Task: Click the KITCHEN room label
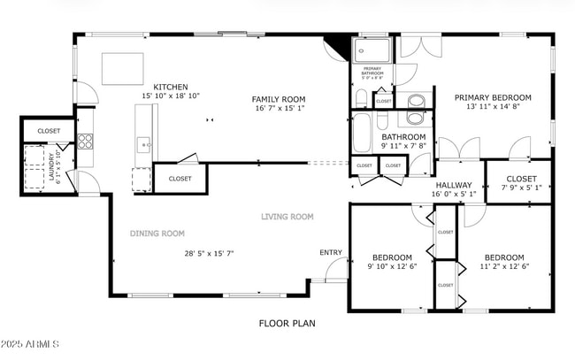click(170, 87)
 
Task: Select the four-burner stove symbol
click(86, 142)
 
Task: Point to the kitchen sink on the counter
click(143, 143)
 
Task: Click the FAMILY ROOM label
click(278, 99)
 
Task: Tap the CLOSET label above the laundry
click(49, 131)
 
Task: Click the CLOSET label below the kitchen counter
click(180, 179)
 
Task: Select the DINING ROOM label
click(157, 234)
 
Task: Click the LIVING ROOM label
click(287, 217)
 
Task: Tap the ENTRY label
click(331, 253)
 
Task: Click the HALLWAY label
click(454, 184)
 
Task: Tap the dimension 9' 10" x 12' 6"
click(392, 266)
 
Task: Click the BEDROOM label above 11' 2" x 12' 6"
click(503, 257)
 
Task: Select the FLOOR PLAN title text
click(287, 324)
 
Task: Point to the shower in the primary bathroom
click(372, 50)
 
